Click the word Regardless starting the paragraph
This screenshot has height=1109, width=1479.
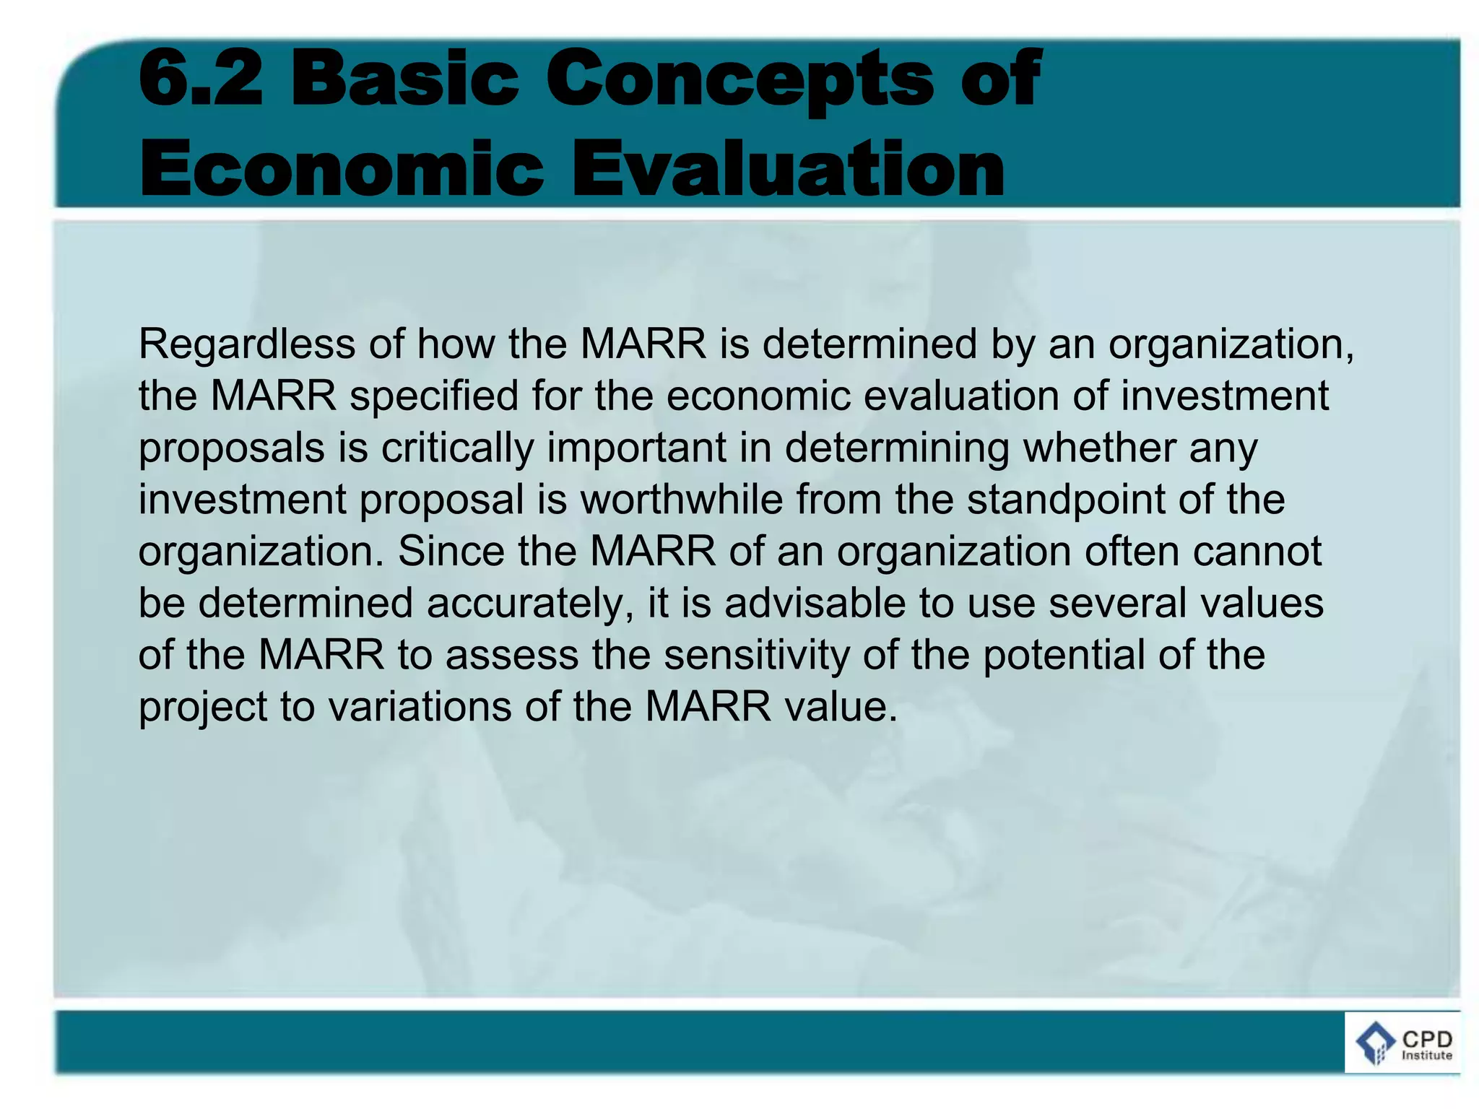point(246,345)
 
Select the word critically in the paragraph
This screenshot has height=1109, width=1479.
point(457,448)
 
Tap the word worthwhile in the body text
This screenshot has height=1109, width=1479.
point(681,500)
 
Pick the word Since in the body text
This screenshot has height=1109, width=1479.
point(451,552)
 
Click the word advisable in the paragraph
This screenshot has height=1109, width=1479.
point(815,604)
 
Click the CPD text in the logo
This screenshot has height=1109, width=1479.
point(1426,1039)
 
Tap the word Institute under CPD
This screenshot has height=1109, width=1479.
point(1426,1056)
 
